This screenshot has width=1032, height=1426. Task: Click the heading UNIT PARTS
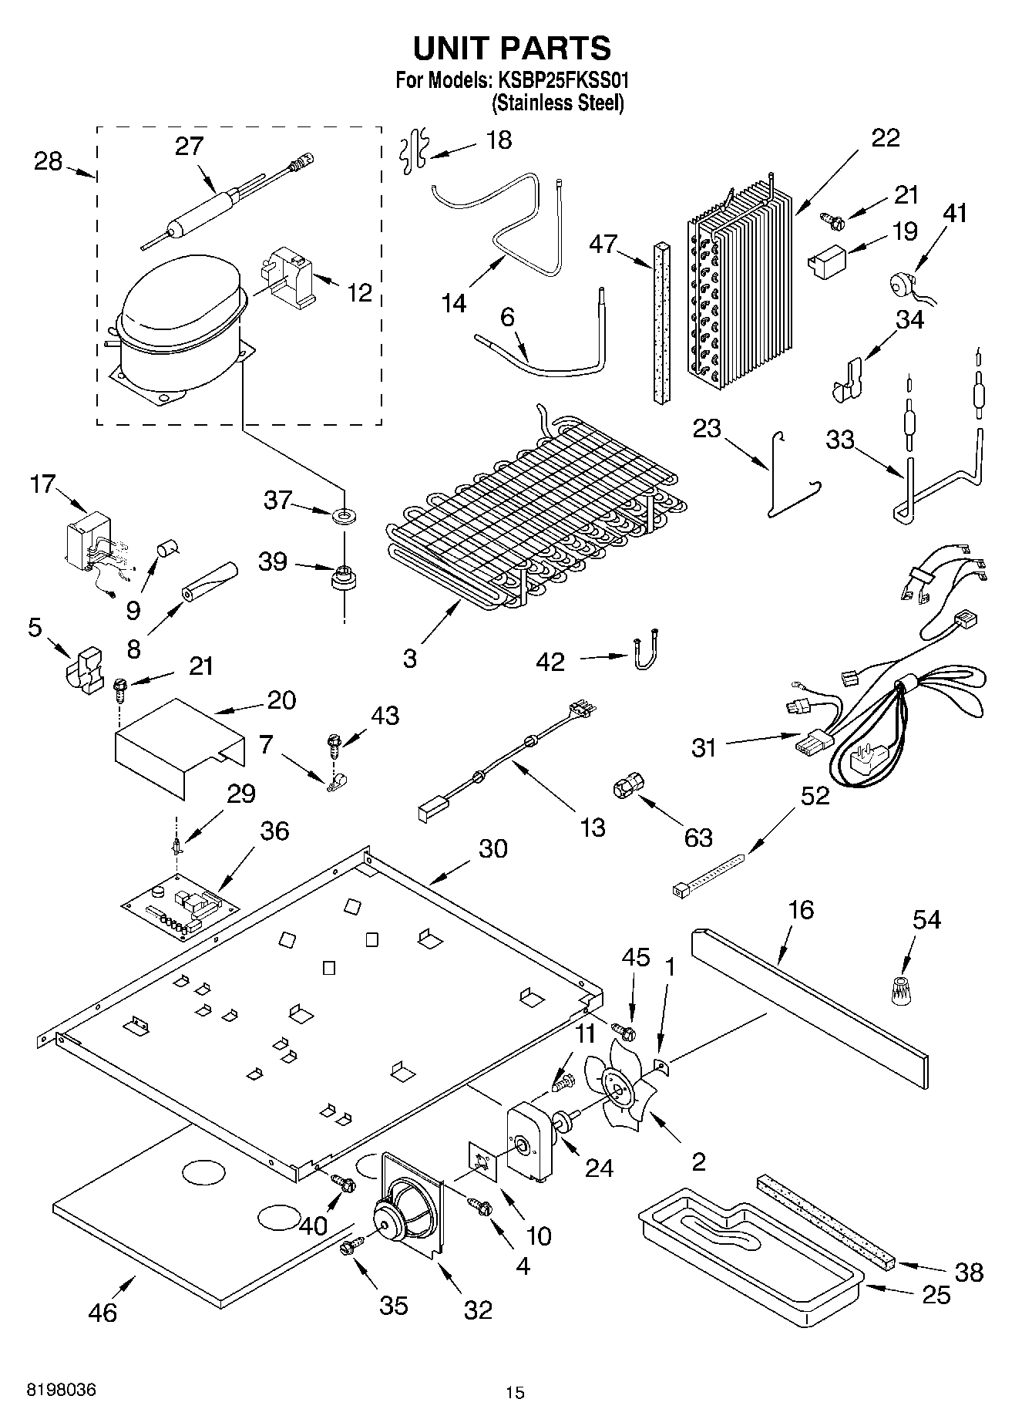tap(512, 48)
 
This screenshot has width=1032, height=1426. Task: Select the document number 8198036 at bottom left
tap(62, 1390)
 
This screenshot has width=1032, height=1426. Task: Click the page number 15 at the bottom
tap(515, 1392)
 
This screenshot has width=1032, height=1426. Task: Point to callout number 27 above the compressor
tap(189, 146)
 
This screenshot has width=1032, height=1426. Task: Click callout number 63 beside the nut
tap(698, 837)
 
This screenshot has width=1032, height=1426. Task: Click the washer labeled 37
tap(341, 514)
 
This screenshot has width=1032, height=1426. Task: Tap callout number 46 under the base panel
tap(103, 1312)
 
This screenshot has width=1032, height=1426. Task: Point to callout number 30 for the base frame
tap(493, 848)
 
